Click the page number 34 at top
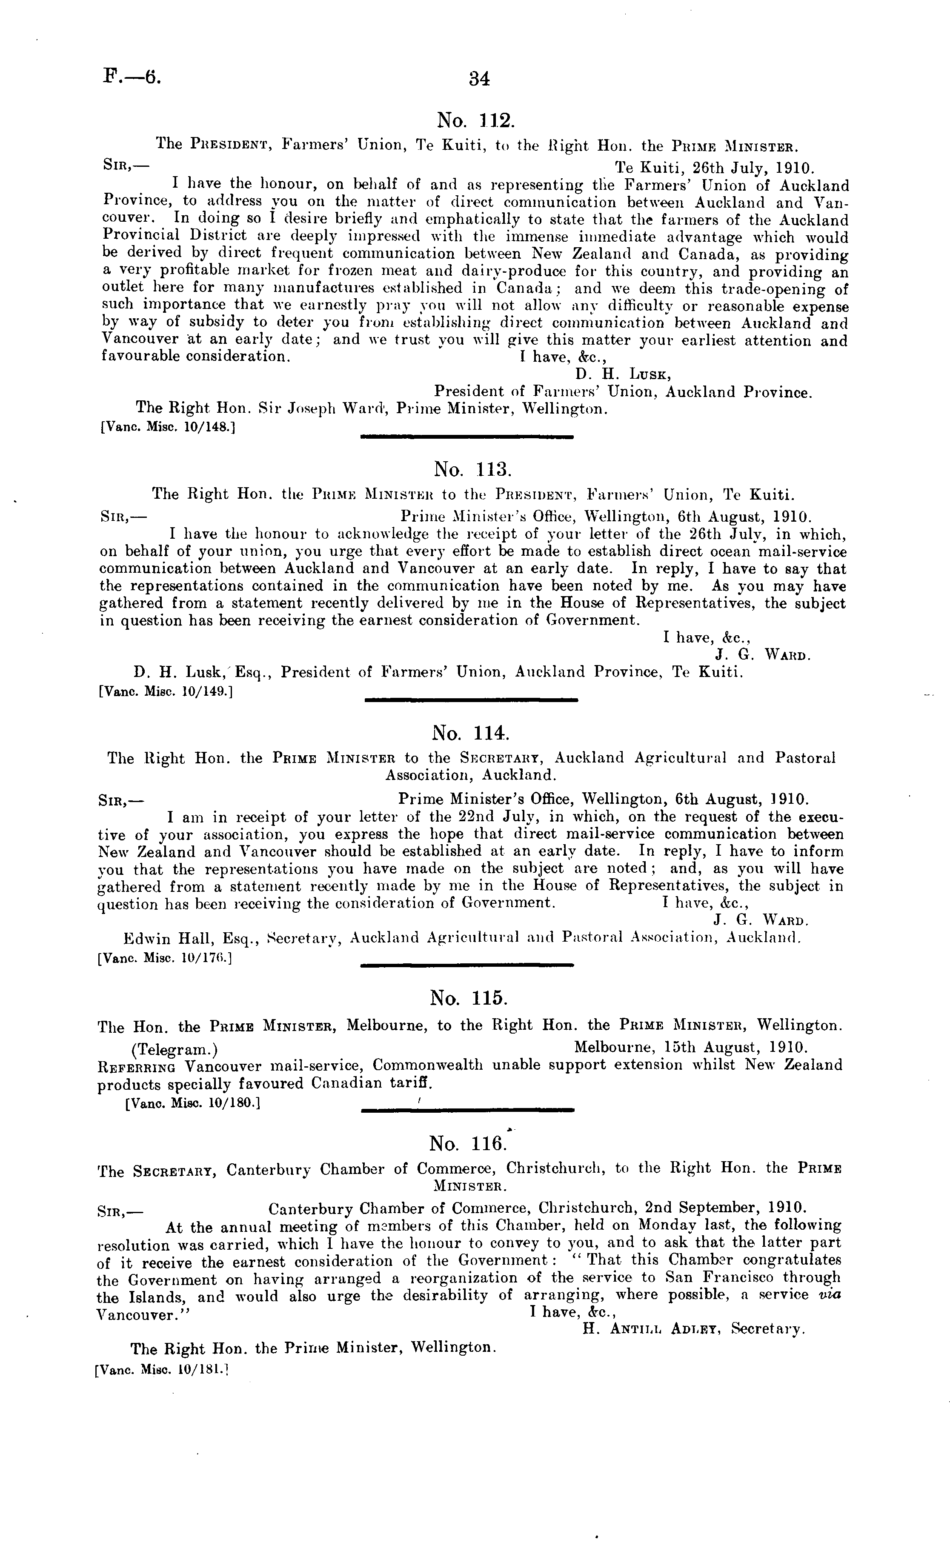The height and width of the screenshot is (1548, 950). point(479,79)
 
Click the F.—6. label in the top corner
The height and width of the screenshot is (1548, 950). point(132,77)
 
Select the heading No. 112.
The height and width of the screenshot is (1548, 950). point(475,120)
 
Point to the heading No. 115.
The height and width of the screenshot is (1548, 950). point(469,998)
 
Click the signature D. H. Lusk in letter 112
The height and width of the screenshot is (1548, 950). point(623,374)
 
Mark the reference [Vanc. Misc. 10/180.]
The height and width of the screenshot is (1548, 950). point(193,1102)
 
